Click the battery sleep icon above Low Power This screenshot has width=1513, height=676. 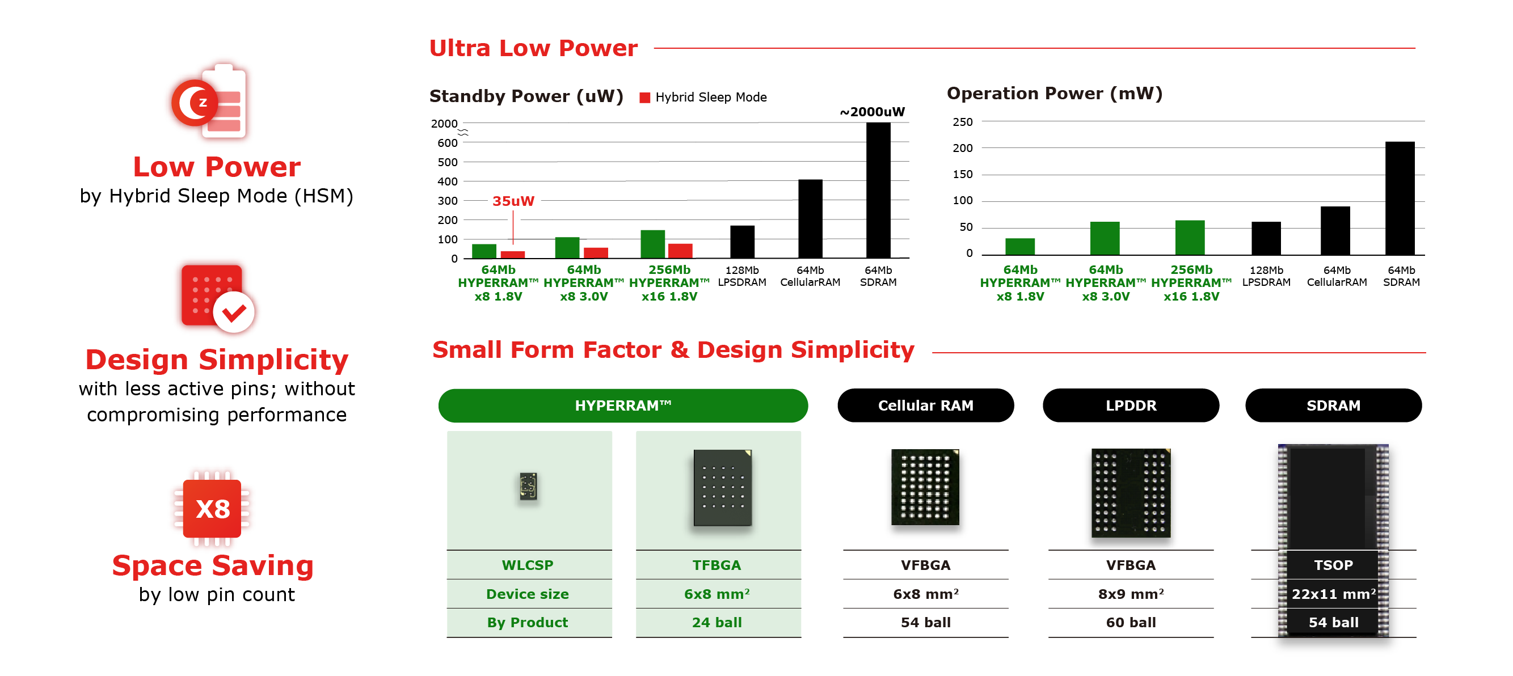(x=209, y=102)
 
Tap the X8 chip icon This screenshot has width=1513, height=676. (x=212, y=509)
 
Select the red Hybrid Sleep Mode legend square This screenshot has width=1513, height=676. (x=644, y=98)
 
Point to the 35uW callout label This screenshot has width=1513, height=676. (x=513, y=201)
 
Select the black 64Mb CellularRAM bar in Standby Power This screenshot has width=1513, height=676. (x=810, y=218)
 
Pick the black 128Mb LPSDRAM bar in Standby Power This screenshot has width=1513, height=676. (x=742, y=242)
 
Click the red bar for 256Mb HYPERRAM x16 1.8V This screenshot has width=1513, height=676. (x=680, y=251)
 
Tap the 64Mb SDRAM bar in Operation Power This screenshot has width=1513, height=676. (x=1400, y=198)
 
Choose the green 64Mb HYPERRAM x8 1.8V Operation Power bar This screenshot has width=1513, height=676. (x=1019, y=247)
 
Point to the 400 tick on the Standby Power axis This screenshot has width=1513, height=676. (x=447, y=181)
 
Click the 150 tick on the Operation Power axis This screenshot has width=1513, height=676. (x=962, y=175)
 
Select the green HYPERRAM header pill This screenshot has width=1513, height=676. (x=622, y=405)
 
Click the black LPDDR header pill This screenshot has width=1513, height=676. (x=1130, y=405)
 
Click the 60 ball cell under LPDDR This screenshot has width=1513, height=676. (x=1130, y=623)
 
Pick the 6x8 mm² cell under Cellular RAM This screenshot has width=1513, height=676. (x=925, y=594)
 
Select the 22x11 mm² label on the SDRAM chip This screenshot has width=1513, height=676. (x=1333, y=594)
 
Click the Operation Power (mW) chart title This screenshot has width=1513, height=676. (x=1053, y=94)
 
